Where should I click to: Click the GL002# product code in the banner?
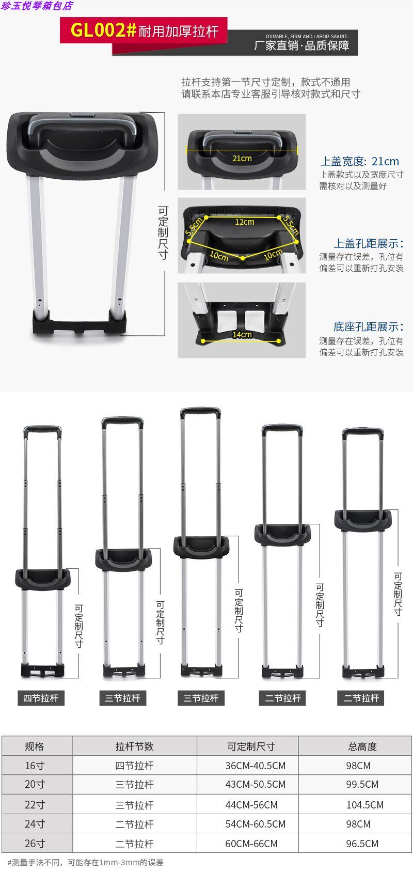click(103, 30)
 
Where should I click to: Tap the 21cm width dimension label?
click(242, 158)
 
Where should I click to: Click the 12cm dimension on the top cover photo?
click(245, 222)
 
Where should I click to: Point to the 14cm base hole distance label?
click(242, 334)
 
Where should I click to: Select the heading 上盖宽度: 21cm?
click(360, 161)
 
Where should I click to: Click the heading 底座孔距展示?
click(368, 326)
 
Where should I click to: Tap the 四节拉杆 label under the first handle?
click(41, 698)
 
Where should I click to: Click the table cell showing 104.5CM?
click(364, 805)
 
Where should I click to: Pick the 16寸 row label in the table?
click(35, 766)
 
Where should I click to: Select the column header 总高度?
click(362, 746)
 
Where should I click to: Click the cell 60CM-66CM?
click(251, 844)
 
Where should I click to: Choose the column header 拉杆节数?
click(134, 746)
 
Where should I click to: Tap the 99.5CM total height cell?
click(362, 784)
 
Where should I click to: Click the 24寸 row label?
click(35, 824)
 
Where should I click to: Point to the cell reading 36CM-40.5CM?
click(255, 766)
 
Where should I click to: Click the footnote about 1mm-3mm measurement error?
click(85, 862)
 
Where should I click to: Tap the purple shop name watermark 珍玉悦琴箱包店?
click(37, 6)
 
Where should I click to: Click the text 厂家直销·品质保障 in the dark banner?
click(301, 45)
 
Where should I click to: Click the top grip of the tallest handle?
click(200, 412)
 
